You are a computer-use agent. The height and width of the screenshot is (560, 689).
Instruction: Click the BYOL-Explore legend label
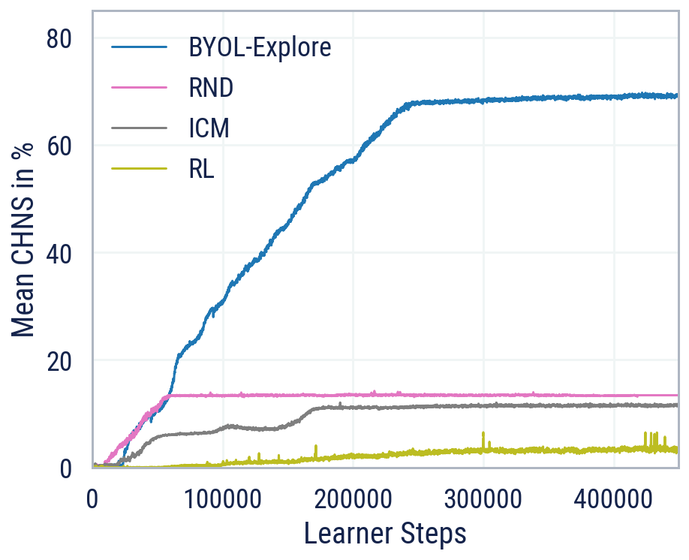tap(260, 48)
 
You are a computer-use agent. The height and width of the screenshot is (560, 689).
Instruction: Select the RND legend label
tap(211, 88)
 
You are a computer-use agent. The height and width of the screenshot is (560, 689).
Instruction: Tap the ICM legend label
tap(209, 128)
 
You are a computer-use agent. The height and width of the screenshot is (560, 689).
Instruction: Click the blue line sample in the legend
tap(139, 48)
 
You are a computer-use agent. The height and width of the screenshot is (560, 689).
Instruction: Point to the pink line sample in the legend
tap(139, 88)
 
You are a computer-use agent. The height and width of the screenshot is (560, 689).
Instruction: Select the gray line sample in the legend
tap(139, 128)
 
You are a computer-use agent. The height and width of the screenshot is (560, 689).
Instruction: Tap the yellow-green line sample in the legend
tap(139, 169)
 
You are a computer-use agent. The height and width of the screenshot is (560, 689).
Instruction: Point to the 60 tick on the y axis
tap(60, 146)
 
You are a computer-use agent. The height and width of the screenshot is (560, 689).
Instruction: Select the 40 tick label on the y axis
tap(60, 254)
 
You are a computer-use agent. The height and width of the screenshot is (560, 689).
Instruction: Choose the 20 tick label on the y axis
tap(60, 361)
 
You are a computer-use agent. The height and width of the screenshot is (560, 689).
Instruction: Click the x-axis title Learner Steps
tap(385, 534)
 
